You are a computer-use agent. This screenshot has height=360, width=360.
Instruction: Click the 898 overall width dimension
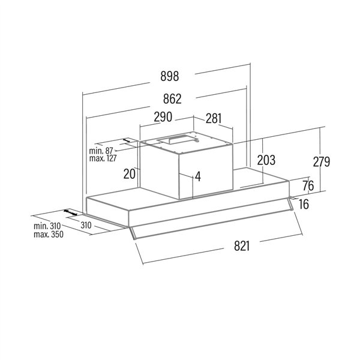170,77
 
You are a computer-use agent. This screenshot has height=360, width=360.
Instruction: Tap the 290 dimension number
163,116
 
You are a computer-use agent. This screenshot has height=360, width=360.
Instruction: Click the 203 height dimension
265,160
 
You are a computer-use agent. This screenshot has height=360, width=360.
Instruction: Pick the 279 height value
321,161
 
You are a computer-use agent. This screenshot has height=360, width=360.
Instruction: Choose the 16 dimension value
304,205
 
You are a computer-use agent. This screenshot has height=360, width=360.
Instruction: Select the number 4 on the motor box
197,177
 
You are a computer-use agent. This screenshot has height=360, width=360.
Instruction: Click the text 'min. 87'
101,151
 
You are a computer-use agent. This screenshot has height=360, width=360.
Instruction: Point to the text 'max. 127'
102,158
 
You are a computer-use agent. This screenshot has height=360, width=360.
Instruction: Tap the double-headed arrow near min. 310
71,213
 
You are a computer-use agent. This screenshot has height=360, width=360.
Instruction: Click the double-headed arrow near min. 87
127,141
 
